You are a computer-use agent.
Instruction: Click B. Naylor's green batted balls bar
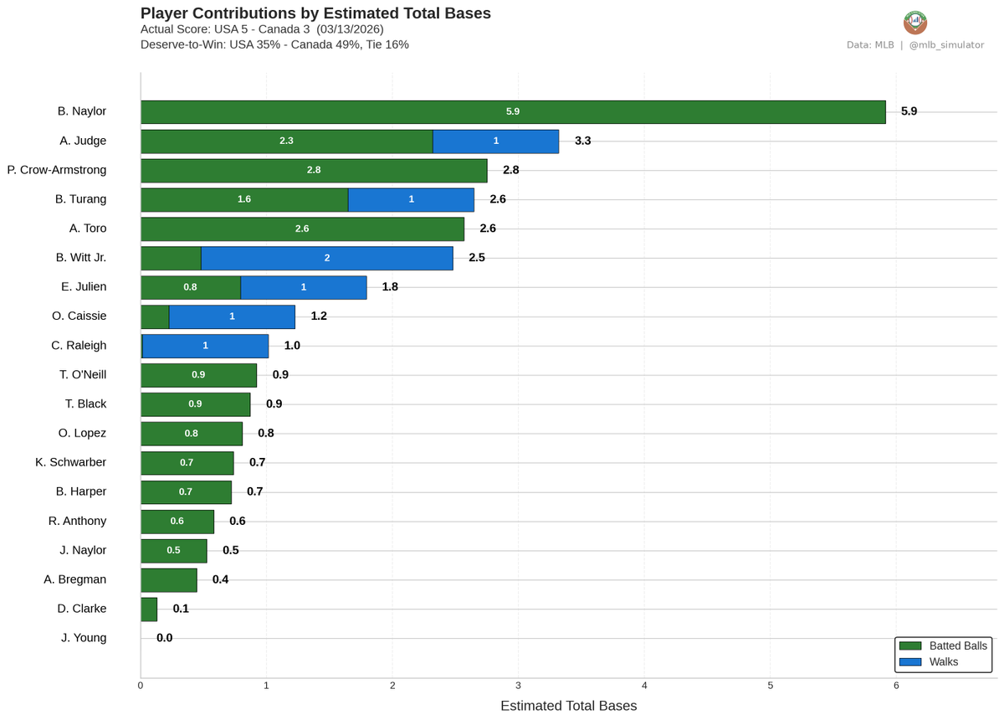(512, 112)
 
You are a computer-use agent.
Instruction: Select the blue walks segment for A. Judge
(495, 141)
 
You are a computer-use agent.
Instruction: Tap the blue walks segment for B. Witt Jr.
(326, 258)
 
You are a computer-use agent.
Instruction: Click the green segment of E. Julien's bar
(191, 287)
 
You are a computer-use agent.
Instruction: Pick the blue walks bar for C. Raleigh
(205, 346)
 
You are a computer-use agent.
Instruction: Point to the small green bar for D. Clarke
(149, 609)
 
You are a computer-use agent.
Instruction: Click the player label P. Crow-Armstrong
(57, 170)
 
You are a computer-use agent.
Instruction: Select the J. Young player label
(84, 638)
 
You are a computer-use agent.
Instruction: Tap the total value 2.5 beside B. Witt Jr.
(477, 258)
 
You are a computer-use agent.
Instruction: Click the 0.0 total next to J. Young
(164, 638)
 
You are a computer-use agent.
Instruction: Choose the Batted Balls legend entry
(943, 645)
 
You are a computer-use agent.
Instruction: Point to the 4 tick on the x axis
(644, 687)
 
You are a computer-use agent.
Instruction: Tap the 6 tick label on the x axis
(896, 687)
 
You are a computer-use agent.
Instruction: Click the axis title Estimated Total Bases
(568, 706)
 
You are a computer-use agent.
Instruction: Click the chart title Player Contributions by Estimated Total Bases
(315, 13)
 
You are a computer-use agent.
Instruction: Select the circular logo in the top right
(915, 22)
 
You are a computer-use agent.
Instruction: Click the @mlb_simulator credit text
(946, 44)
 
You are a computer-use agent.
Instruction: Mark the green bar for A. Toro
(302, 229)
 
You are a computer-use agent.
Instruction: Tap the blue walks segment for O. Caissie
(232, 316)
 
